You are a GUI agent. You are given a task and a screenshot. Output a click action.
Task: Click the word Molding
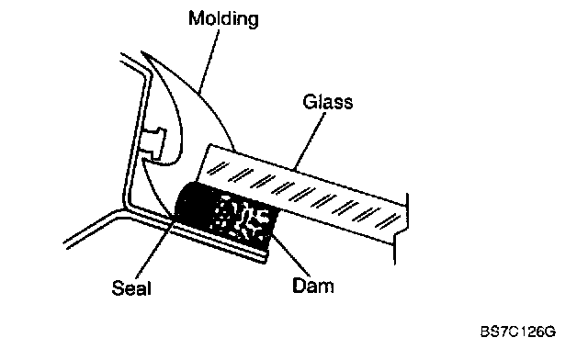click(223, 18)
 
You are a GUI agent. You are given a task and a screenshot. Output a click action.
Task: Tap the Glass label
click(328, 102)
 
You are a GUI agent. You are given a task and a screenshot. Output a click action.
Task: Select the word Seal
click(131, 288)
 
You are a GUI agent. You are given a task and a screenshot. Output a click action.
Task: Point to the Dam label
click(312, 286)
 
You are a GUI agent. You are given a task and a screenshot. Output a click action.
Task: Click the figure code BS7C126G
click(518, 332)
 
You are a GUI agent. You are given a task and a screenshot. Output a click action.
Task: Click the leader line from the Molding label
click(209, 62)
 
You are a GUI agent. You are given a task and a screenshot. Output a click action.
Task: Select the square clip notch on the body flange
click(154, 142)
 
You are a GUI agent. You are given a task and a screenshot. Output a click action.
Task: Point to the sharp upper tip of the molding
click(141, 51)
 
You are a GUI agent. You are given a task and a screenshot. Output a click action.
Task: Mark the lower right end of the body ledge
click(266, 259)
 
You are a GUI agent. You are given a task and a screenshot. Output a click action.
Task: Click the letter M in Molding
click(195, 18)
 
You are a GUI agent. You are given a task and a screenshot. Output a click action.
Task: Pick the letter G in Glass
click(310, 102)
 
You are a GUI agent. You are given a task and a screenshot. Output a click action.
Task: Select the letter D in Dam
click(299, 286)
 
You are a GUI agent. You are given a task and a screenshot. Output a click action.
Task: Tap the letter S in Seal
click(118, 288)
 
